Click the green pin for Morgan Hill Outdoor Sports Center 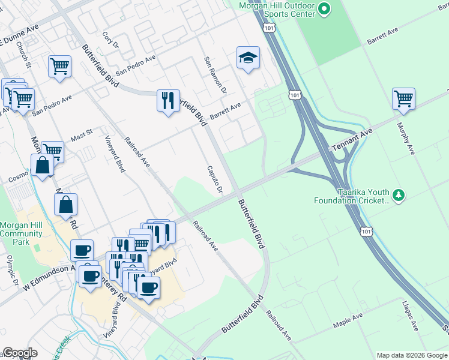324,9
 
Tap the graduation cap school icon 248,58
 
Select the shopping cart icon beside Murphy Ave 404,98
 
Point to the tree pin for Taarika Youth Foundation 398,196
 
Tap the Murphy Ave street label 406,139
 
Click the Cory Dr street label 109,41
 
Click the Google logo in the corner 20,353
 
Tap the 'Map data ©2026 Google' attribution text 411,355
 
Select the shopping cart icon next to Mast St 52,151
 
